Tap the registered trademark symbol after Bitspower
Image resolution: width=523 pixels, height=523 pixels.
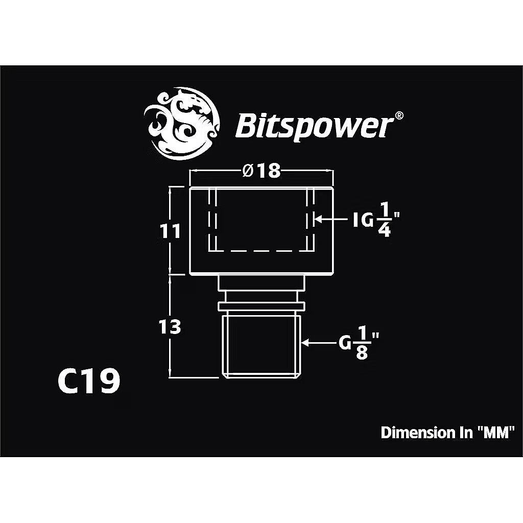pos(400,115)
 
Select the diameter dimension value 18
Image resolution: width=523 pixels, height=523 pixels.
pos(269,171)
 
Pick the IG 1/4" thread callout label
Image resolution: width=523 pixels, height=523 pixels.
pos(375,221)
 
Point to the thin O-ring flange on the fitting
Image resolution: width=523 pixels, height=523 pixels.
pos(261,305)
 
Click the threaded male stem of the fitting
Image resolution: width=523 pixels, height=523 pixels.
pos(261,345)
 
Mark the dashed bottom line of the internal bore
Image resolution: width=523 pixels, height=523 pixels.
pos(261,251)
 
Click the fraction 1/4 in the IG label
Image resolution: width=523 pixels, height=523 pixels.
pos(385,221)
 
